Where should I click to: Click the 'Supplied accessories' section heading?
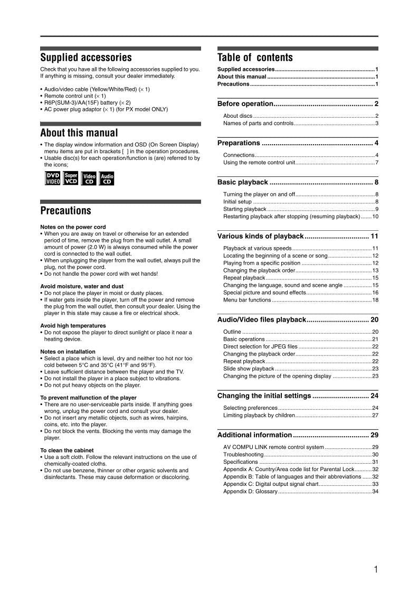[x=86, y=58]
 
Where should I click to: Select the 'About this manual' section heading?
[x=79, y=133]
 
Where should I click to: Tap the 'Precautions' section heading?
[x=66, y=211]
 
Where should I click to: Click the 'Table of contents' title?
[x=255, y=58]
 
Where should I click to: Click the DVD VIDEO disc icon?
[x=53, y=179]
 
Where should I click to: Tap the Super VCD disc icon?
[x=71, y=179]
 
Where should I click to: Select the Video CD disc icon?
[x=89, y=179]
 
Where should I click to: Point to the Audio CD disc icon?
[x=107, y=179]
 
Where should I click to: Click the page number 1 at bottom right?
[x=375, y=569]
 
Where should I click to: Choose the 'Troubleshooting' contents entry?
[x=243, y=454]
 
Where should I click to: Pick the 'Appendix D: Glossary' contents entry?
[x=250, y=491]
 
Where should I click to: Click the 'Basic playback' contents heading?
[x=243, y=182]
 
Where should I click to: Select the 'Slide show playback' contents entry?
[x=249, y=369]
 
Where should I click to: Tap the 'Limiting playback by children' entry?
[x=259, y=415]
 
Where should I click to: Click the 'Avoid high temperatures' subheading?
[x=73, y=325]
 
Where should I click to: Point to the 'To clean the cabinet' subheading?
[x=68, y=451]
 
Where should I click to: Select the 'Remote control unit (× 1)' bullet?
[x=74, y=96]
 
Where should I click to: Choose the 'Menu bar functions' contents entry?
[x=247, y=300]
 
